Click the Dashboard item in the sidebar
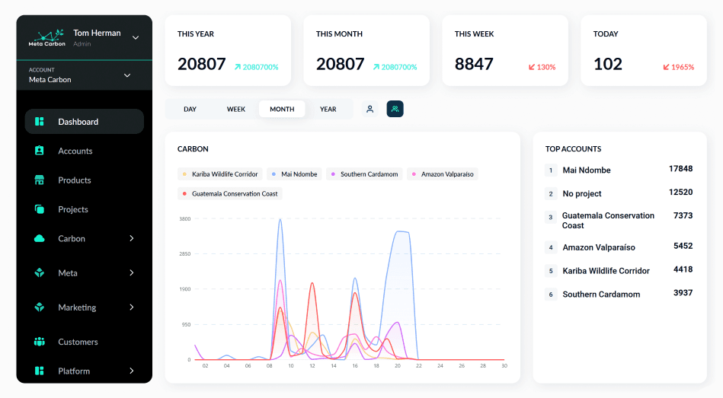[78, 122]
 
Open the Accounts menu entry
[75, 151]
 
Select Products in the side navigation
[74, 180]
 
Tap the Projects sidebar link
[73, 209]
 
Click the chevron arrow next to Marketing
[131, 307]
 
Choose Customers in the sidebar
[78, 342]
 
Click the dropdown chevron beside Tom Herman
[136, 37]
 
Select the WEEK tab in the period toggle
[236, 109]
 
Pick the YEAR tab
[328, 109]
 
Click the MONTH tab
[282, 109]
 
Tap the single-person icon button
[369, 109]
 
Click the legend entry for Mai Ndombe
[294, 174]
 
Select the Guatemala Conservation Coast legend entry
[230, 194]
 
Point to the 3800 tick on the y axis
[185, 219]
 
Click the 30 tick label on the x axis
[504, 366]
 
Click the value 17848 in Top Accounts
[680, 169]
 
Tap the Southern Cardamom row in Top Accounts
[601, 295]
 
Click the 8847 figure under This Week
[474, 64]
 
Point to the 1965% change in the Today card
[678, 67]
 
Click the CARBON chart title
[193, 149]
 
